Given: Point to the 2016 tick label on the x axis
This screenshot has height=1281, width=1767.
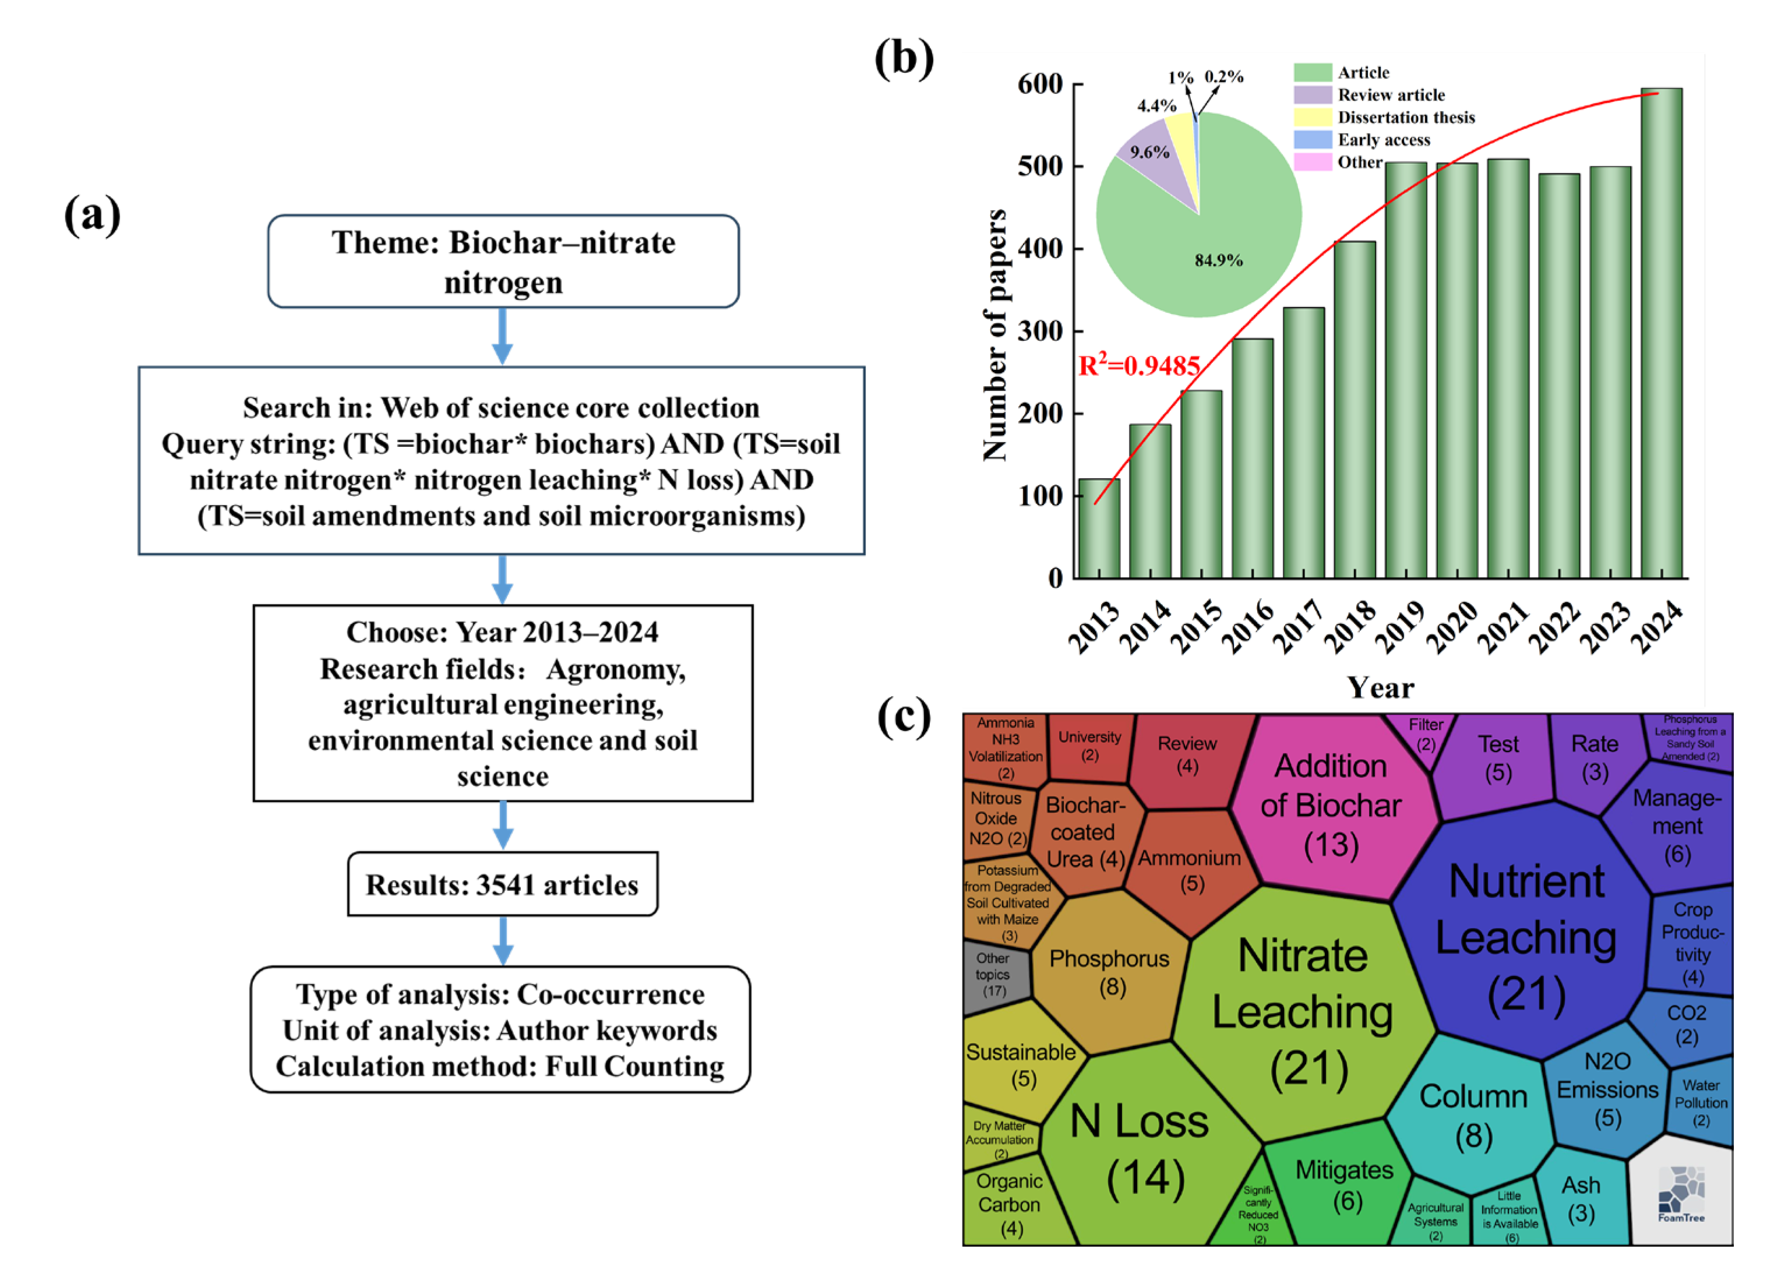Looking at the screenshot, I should pos(1247,628).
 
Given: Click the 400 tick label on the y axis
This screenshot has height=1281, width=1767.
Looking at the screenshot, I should pos(1039,249).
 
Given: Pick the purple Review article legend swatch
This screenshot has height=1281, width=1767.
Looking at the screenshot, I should pos(1312,95).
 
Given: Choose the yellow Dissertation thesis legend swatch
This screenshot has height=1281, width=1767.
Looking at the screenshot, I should pos(1312,118).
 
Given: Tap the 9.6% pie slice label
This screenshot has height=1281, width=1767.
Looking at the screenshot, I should pos(1150,152).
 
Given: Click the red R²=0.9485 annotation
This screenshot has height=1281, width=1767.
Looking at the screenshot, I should pos(1138,365).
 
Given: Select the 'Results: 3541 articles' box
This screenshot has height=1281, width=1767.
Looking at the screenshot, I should pos(503,884).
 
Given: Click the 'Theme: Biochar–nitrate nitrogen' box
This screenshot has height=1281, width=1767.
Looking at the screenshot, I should pos(503,262).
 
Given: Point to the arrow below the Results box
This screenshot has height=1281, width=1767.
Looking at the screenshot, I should pos(503,940).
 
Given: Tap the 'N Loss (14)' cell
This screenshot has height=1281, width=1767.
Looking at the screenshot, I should pos(1142,1149).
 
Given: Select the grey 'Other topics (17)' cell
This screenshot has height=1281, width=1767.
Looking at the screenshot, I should pos(993,975).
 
